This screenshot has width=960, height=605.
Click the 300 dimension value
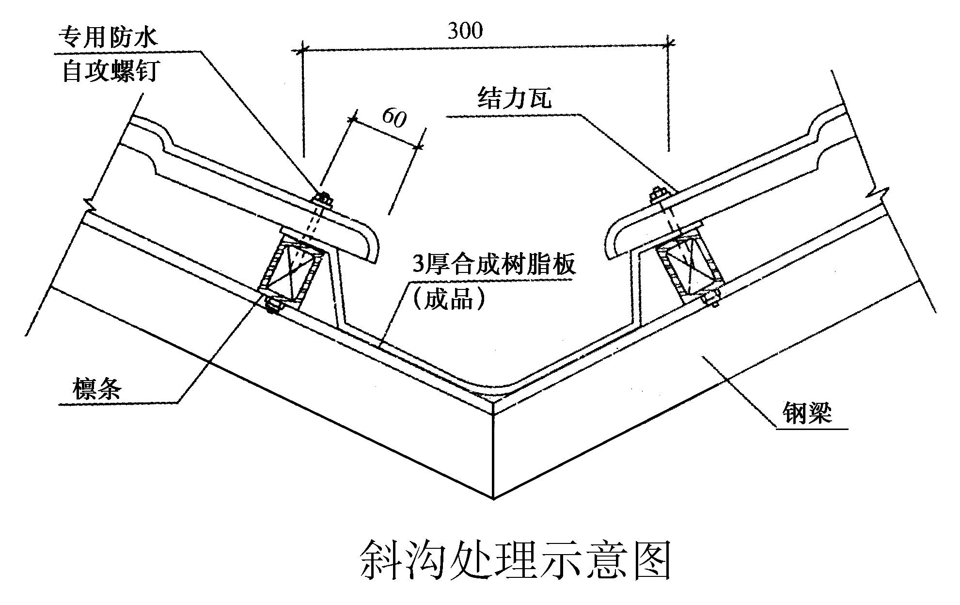coord(465,31)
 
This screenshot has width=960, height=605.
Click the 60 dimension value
coord(394,117)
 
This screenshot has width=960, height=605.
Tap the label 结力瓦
coord(515,98)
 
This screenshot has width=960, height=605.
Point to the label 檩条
coord(97,389)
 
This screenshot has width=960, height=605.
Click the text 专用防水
coord(108,37)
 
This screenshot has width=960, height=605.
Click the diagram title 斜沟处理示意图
coord(516,560)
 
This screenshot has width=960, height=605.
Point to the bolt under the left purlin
coord(274,305)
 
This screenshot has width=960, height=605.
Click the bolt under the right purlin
coord(711,298)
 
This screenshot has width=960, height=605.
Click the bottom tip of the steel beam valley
coord(493,497)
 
